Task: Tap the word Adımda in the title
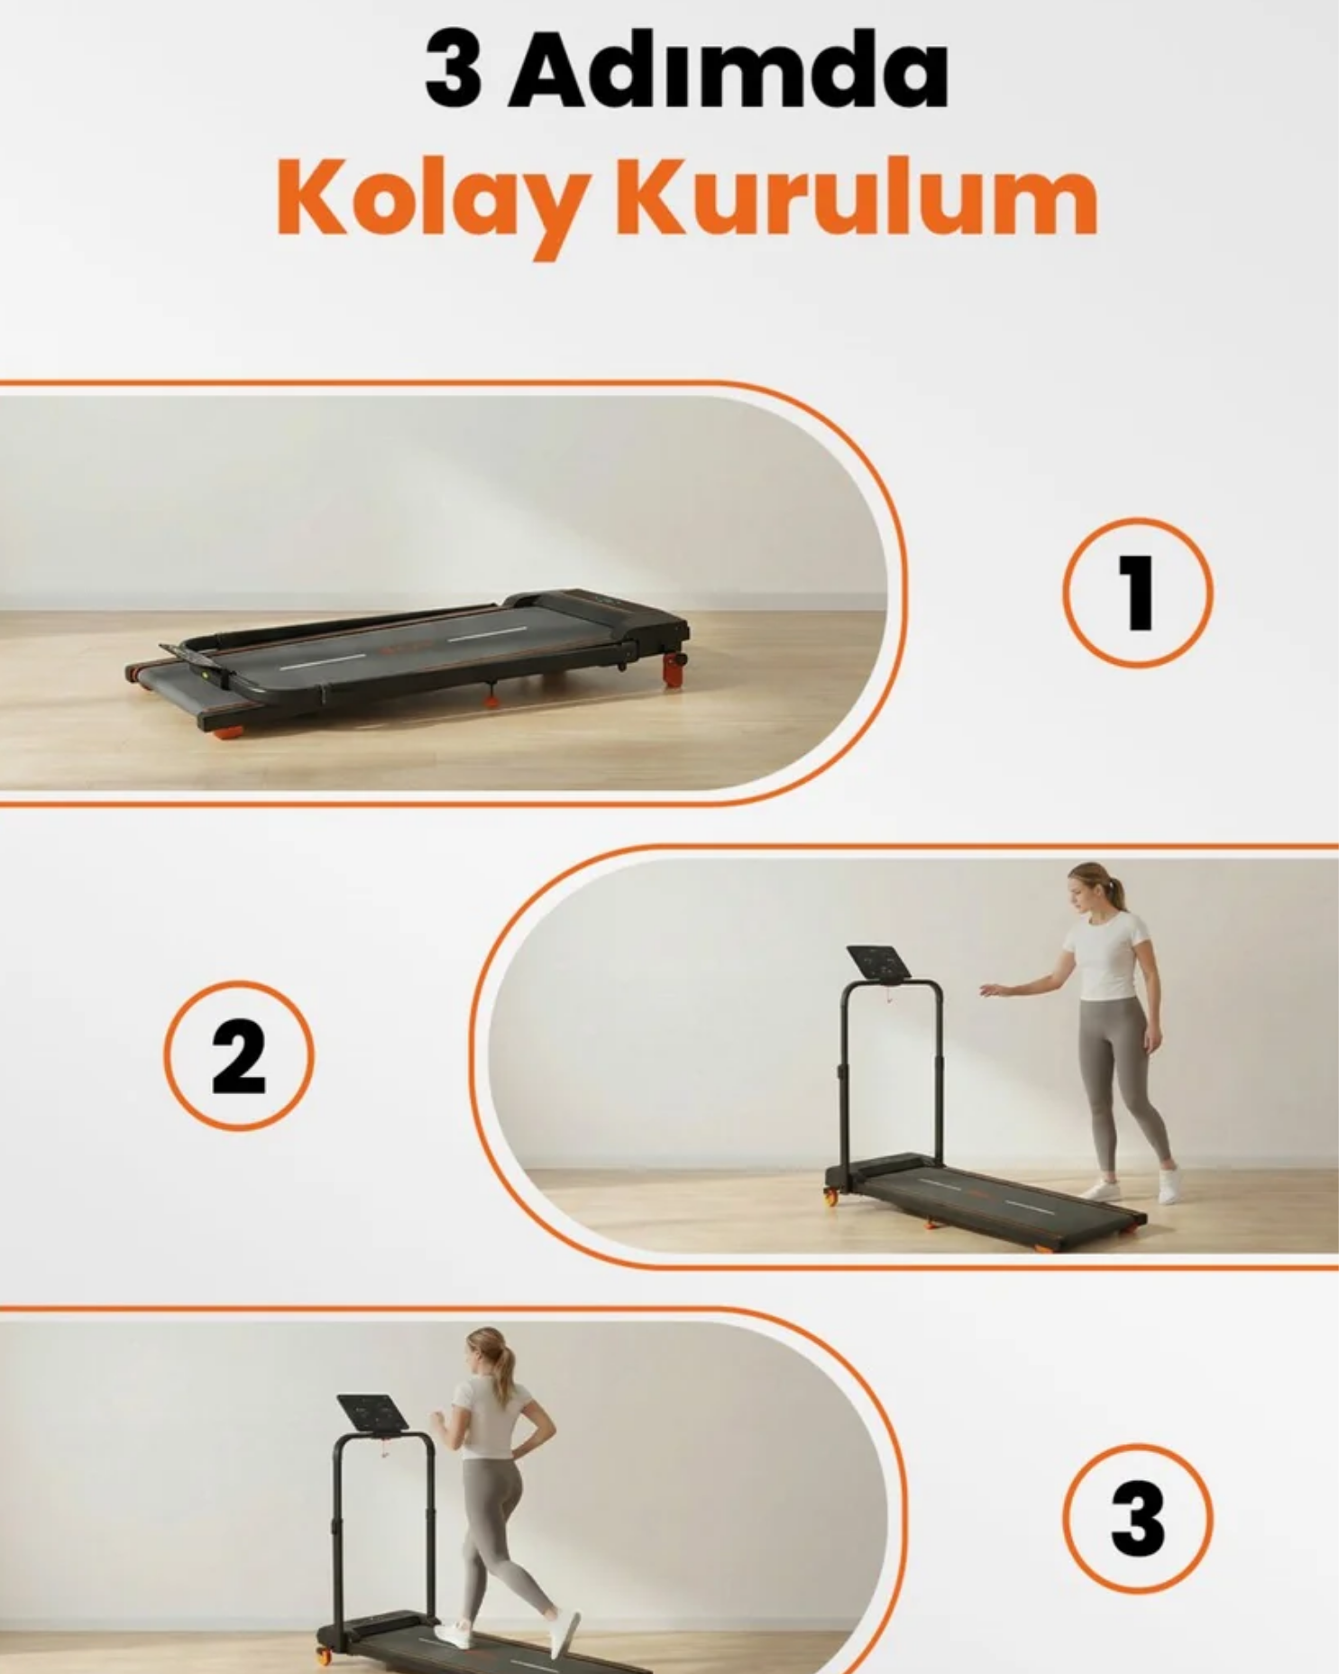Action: [729, 70]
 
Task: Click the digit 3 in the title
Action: [453, 70]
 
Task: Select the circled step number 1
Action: [1138, 592]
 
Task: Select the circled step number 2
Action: [239, 1055]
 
